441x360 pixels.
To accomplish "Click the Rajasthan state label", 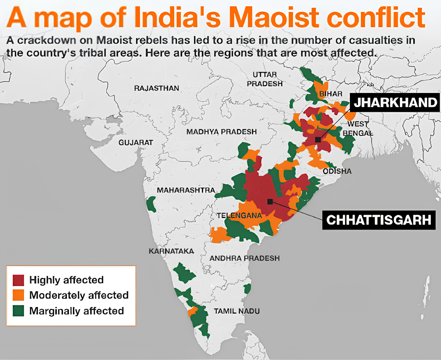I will click(x=156, y=88).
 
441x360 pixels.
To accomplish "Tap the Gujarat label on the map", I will click(x=136, y=142).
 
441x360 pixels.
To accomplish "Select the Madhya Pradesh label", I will click(x=221, y=132).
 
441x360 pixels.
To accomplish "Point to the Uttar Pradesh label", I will click(x=265, y=79).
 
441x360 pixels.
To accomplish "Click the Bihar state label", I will click(x=331, y=94).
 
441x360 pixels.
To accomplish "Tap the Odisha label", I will click(x=337, y=171).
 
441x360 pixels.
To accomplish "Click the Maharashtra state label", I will click(x=186, y=190).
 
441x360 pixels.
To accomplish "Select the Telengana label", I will click(x=239, y=215).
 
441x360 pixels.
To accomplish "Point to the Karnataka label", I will click(x=171, y=251).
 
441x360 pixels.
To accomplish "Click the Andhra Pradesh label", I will click(x=245, y=258).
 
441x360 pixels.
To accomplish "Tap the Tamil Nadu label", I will click(x=237, y=311).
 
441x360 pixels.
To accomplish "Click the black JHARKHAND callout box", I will click(x=395, y=102).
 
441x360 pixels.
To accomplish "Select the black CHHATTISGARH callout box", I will click(x=379, y=220).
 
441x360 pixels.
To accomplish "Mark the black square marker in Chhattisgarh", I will click(x=270, y=202).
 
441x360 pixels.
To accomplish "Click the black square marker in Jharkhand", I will click(x=318, y=140).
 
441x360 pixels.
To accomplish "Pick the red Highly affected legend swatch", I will click(x=18, y=280).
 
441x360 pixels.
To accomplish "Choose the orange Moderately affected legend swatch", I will click(x=18, y=295).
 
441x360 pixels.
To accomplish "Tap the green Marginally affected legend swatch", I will click(x=18, y=311).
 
